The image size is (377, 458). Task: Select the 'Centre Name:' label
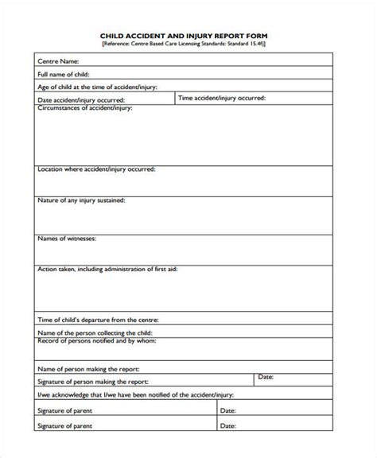click(x=58, y=60)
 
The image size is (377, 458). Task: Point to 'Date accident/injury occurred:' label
click(x=80, y=101)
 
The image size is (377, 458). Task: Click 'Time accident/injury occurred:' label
click(x=222, y=98)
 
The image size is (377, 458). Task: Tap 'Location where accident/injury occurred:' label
click(x=96, y=169)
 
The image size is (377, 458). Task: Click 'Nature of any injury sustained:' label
click(x=80, y=201)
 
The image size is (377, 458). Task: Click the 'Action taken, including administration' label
click(x=107, y=270)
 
